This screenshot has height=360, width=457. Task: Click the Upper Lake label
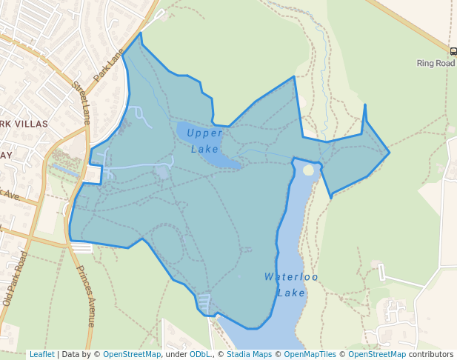click(x=204, y=141)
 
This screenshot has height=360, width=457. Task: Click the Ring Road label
click(x=436, y=64)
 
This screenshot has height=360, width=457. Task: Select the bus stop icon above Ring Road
click(x=453, y=51)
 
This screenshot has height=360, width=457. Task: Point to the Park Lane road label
click(x=108, y=66)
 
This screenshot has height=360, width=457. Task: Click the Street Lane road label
click(x=81, y=101)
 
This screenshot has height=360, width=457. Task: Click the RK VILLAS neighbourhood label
click(x=24, y=124)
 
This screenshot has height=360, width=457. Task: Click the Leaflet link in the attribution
click(x=41, y=354)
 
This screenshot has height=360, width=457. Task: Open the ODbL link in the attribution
click(x=200, y=354)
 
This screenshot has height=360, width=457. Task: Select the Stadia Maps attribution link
click(x=247, y=354)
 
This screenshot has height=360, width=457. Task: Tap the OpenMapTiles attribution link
click(x=309, y=354)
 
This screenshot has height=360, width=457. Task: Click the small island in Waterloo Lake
click(x=308, y=170)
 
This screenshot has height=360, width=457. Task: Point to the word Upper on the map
click(x=204, y=133)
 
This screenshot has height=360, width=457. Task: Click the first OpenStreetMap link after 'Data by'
click(x=132, y=354)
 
